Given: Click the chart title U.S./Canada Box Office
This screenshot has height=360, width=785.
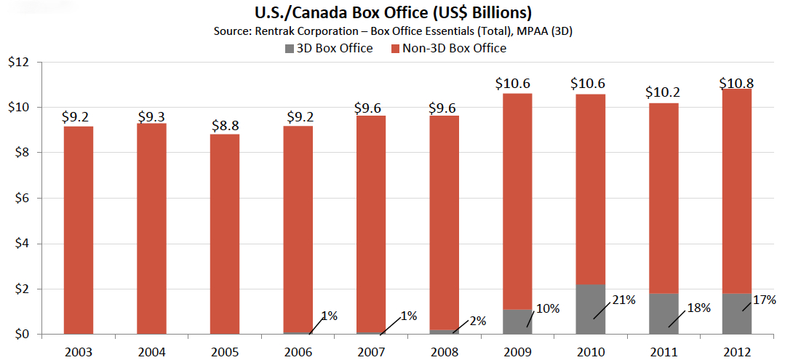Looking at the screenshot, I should (392, 12).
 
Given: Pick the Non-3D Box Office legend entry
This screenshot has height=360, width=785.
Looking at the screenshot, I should (449, 48).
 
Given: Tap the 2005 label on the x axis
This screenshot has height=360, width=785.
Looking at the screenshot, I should (224, 351).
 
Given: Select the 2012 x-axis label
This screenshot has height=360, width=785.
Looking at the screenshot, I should (736, 351).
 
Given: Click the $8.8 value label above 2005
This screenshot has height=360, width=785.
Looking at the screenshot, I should (224, 124).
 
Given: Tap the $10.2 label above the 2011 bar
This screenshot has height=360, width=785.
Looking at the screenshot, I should (663, 93).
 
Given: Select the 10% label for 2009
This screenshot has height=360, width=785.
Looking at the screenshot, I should (548, 308).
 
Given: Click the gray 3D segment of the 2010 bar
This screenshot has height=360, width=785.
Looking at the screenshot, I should (589, 309).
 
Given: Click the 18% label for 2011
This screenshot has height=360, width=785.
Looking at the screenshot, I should (698, 307).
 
